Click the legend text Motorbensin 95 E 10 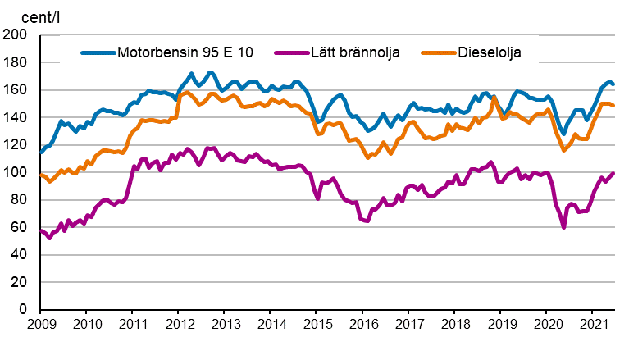point(185,53)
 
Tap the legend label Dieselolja point(489,53)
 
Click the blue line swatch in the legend point(98,53)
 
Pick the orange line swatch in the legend point(437,53)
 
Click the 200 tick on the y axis point(16,35)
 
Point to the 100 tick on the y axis point(16,173)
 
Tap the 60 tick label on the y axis point(19,228)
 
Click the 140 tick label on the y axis point(16,118)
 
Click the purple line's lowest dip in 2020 point(563,226)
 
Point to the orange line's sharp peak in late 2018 point(494,98)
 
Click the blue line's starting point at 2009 point(41,152)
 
